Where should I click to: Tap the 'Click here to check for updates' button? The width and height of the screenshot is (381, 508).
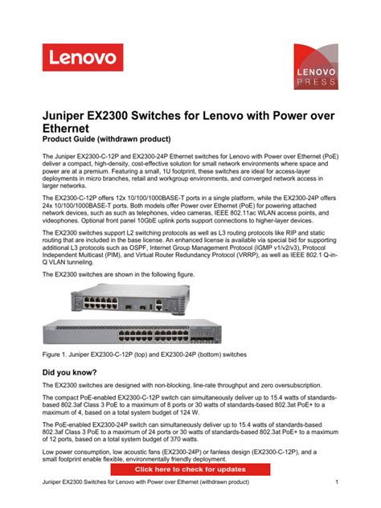(x=190, y=469)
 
